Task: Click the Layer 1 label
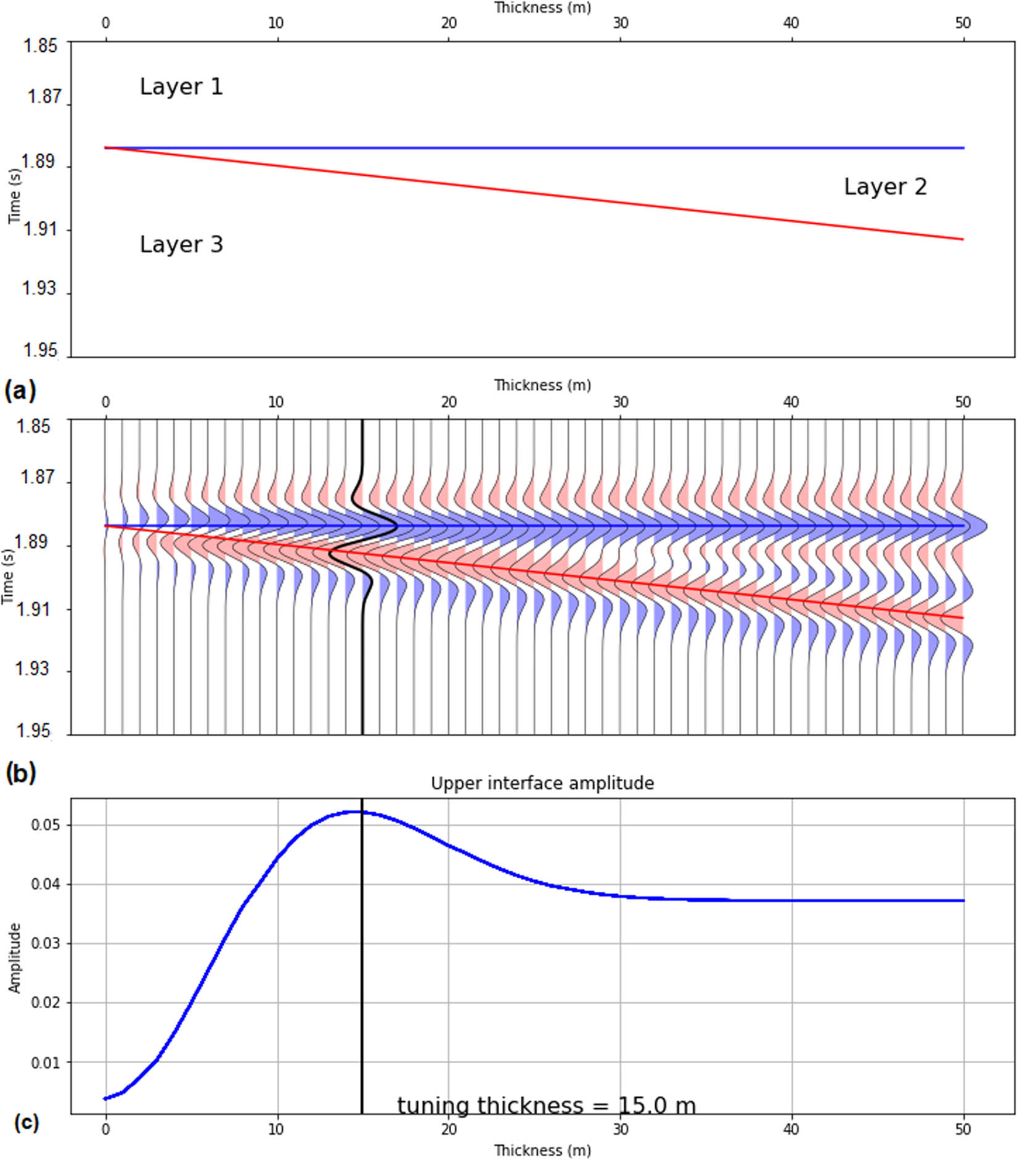[181, 87]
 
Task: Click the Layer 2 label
[884, 187]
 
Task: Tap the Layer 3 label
[181, 245]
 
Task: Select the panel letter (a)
[20, 391]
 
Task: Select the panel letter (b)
[20, 773]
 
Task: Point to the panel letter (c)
[26, 1122]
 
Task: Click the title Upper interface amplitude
[542, 783]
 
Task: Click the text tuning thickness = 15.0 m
[546, 1105]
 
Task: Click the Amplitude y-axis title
[14, 958]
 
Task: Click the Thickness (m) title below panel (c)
[542, 1150]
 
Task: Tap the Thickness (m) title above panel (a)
[542, 8]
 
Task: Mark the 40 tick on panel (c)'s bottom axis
[791, 1129]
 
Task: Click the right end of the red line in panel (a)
[963, 239]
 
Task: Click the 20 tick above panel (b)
[449, 403]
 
